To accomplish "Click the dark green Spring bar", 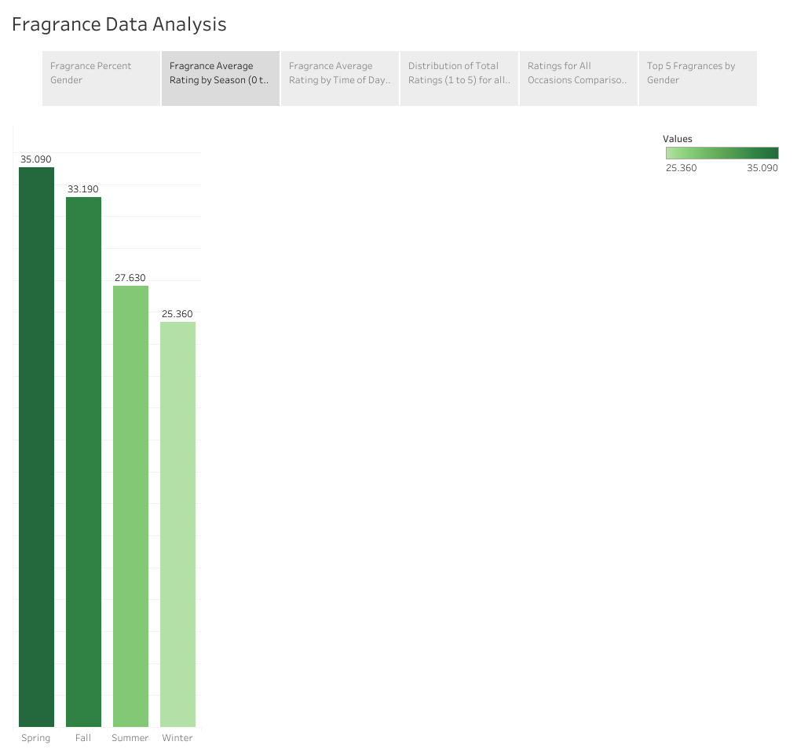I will [36, 447].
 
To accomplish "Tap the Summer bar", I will [130, 506].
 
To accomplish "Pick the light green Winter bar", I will [177, 524].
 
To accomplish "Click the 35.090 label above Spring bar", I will [36, 159].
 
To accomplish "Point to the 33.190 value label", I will [83, 189].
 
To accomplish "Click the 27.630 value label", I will [130, 278].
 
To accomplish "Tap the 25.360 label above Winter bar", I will [177, 314].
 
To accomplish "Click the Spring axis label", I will [36, 738].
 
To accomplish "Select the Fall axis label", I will [83, 738].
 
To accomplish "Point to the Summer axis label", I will [130, 738].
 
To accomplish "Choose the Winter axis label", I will [177, 738].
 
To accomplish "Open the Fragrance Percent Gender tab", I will [101, 79].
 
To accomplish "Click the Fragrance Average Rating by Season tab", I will [221, 79].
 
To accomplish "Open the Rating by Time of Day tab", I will [340, 79].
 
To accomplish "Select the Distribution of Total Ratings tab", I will [459, 79].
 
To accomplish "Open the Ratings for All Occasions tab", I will [579, 79].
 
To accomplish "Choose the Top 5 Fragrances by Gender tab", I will [698, 79].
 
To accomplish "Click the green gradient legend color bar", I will [722, 153].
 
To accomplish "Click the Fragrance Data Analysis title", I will [119, 24].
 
